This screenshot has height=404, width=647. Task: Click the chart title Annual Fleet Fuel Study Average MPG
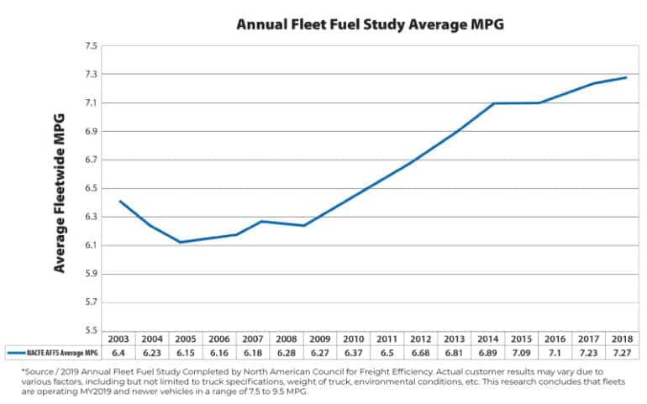(x=369, y=24)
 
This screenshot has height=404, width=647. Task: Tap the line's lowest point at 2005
(x=180, y=242)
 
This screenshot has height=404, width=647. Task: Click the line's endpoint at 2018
(x=626, y=78)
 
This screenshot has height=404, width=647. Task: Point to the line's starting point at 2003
(x=120, y=201)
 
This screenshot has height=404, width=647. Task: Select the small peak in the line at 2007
(x=261, y=221)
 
